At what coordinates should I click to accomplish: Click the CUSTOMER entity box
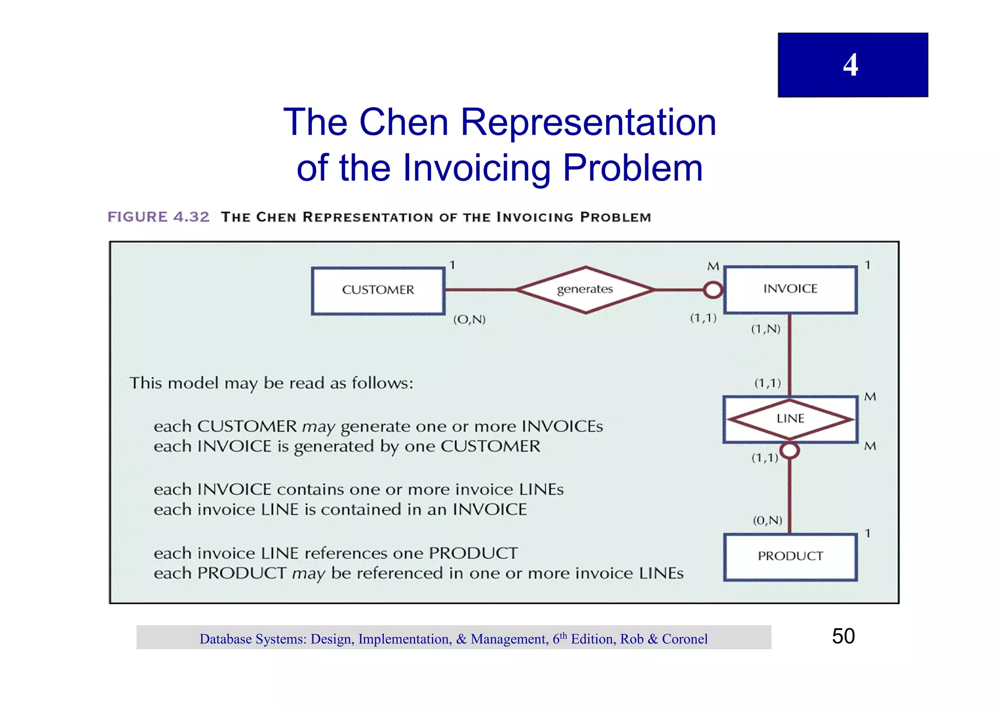[x=378, y=290]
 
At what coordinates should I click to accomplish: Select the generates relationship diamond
[x=585, y=290]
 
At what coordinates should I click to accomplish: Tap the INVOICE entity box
[x=790, y=289]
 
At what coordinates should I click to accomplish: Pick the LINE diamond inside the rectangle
[x=790, y=419]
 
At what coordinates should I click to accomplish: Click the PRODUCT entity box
[x=790, y=556]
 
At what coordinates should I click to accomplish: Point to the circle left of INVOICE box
[x=713, y=290]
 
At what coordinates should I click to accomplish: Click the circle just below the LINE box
[x=789, y=450]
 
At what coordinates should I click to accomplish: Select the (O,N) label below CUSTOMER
[x=469, y=320]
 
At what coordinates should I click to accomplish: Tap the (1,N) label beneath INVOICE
[x=765, y=329]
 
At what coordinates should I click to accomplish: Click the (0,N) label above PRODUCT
[x=767, y=520]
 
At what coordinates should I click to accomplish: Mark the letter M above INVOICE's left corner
[x=713, y=267]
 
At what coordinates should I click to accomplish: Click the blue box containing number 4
[x=852, y=65]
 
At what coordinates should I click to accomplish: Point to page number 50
[x=843, y=636]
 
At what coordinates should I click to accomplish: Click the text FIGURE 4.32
[x=158, y=217]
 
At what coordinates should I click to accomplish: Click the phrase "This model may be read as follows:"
[x=271, y=383]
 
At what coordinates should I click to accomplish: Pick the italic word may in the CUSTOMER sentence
[x=319, y=427]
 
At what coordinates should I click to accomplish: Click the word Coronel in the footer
[x=684, y=639]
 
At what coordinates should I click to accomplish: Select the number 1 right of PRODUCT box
[x=868, y=533]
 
